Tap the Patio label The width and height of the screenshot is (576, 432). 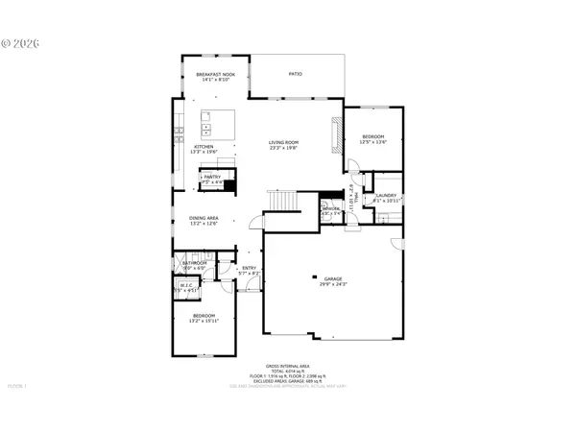(x=296, y=73)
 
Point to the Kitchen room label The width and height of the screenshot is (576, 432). (x=191, y=147)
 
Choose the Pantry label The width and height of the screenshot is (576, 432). (x=211, y=177)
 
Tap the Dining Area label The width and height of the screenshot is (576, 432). (x=204, y=218)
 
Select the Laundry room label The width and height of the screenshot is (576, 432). (x=386, y=195)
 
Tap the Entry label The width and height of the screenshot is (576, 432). (x=249, y=268)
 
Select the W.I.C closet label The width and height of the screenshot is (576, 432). (x=186, y=284)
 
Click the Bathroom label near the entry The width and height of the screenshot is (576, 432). (x=196, y=262)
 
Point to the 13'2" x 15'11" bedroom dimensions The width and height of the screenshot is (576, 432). (x=204, y=321)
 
